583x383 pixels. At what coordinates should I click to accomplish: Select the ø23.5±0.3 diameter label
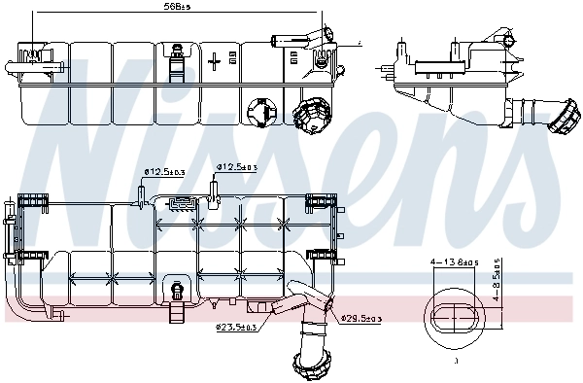[x=235, y=329]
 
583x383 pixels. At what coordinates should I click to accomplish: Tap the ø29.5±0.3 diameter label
[x=361, y=318]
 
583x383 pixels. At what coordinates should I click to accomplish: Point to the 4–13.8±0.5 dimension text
[x=454, y=262]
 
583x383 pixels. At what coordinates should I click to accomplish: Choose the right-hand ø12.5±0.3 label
[x=238, y=166]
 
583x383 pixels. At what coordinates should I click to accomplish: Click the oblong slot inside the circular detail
[x=454, y=317]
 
